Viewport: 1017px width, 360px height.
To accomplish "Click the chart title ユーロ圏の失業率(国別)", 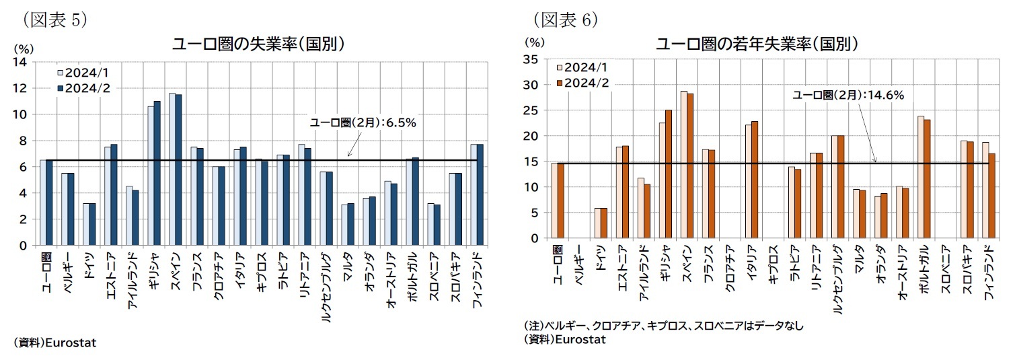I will tap(259, 44).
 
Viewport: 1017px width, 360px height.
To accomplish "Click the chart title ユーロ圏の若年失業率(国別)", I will tap(757, 44).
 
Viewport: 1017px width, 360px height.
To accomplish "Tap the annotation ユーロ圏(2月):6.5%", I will tap(363, 122).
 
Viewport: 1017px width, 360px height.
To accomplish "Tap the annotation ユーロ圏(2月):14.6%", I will tap(848, 95).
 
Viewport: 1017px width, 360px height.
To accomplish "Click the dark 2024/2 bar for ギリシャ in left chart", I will tap(157, 173).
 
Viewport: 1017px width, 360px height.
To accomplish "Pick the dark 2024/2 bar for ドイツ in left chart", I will tap(93, 224).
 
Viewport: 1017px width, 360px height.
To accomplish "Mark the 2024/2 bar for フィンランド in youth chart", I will tap(991, 196).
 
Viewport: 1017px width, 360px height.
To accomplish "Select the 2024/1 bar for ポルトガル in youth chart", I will tap(921, 177).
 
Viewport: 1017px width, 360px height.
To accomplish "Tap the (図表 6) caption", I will tap(564, 20).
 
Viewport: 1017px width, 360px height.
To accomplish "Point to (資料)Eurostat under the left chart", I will tap(55, 343).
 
